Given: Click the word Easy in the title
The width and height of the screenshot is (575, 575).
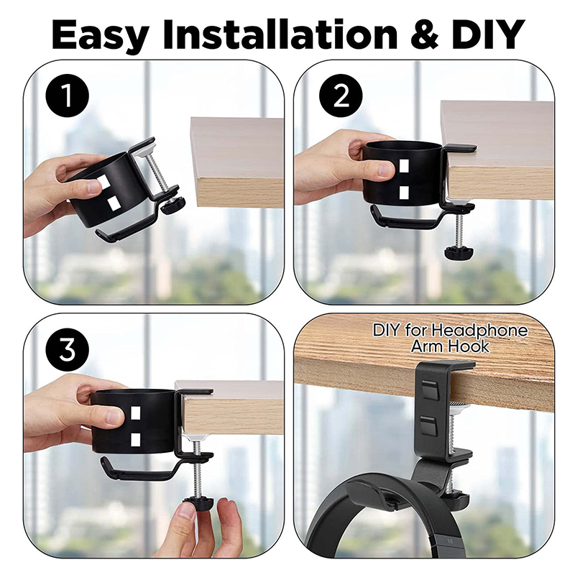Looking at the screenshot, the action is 101,34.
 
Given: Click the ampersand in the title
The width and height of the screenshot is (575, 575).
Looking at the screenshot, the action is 424,34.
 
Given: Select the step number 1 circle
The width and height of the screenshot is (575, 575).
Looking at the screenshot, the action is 67,96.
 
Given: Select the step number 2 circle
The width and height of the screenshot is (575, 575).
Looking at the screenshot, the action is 341,96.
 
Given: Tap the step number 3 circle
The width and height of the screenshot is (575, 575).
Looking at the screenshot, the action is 67,350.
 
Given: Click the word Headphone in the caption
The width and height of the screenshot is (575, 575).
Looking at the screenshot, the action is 479,331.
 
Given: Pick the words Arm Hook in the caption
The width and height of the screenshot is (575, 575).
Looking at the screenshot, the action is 450,346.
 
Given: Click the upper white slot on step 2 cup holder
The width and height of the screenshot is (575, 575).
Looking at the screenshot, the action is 404,165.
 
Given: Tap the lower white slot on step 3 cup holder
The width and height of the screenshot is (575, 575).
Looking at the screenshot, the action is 135,440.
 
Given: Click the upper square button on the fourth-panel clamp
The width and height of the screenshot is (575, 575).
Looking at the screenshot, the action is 429,390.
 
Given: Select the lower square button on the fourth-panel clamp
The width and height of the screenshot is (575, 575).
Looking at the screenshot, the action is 429,425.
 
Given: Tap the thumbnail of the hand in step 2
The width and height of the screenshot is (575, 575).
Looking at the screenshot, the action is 386,170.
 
